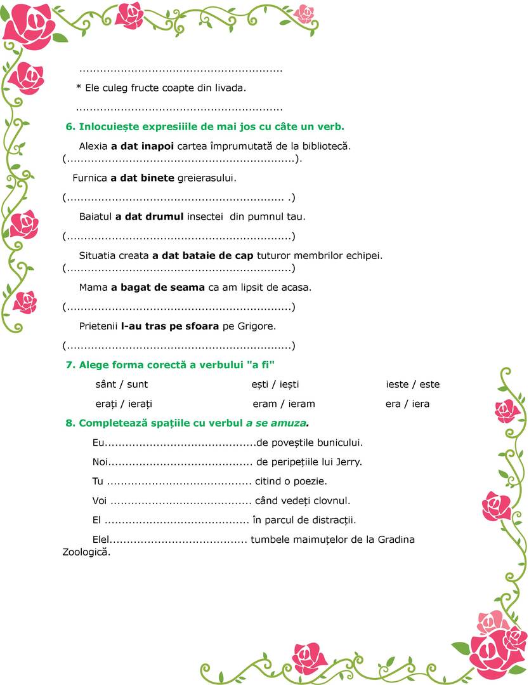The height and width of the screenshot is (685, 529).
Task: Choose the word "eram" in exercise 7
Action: [x=264, y=404]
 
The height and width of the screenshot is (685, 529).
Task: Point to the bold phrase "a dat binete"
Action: [x=143, y=178]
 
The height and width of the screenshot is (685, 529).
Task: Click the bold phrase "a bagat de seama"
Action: [x=158, y=287]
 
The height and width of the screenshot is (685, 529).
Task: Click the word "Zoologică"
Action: [x=86, y=552]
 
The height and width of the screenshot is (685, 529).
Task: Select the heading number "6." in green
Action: [x=71, y=126]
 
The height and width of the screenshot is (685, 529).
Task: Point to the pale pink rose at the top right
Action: [x=304, y=13]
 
